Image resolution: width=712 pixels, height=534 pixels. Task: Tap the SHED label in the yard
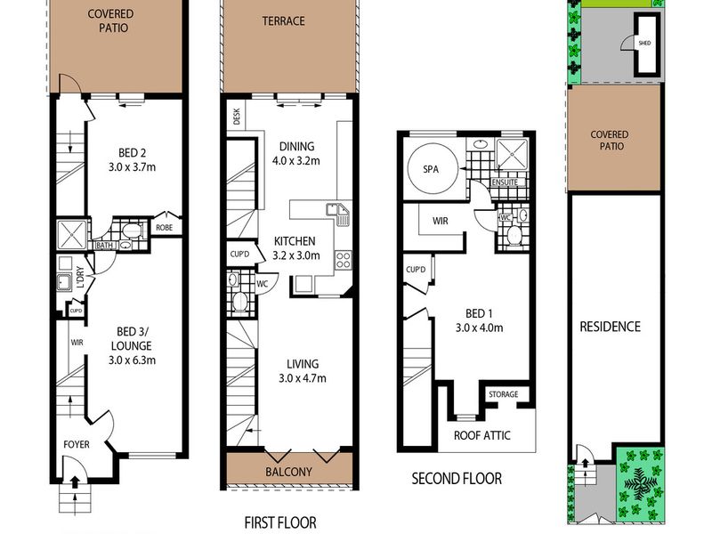(644, 43)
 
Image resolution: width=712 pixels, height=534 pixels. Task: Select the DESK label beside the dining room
(237, 117)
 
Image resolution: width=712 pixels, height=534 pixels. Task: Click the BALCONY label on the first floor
(288, 472)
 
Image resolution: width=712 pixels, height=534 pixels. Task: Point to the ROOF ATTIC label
(481, 435)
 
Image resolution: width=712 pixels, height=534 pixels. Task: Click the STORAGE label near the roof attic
(503, 394)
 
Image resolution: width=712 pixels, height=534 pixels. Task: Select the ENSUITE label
(505, 182)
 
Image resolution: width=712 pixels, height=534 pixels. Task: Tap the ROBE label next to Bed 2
(164, 228)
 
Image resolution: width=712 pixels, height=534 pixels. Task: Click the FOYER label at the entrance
(77, 444)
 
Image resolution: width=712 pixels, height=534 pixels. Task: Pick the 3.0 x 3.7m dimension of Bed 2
(132, 167)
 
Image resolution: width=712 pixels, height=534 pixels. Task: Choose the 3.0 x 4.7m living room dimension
(303, 378)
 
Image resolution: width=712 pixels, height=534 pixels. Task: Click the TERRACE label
(283, 20)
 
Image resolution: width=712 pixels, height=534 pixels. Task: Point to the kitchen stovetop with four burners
(343, 261)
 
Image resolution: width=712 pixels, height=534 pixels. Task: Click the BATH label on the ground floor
(104, 246)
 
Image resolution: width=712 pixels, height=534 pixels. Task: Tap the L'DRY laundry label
(80, 277)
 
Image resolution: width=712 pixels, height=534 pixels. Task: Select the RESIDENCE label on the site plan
(610, 327)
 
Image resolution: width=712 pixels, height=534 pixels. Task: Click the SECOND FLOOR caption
(457, 479)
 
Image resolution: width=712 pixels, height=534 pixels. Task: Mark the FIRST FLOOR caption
(280, 522)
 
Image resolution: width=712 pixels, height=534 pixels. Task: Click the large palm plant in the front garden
(640, 482)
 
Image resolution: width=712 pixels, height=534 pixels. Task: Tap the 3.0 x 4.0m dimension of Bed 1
(479, 328)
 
